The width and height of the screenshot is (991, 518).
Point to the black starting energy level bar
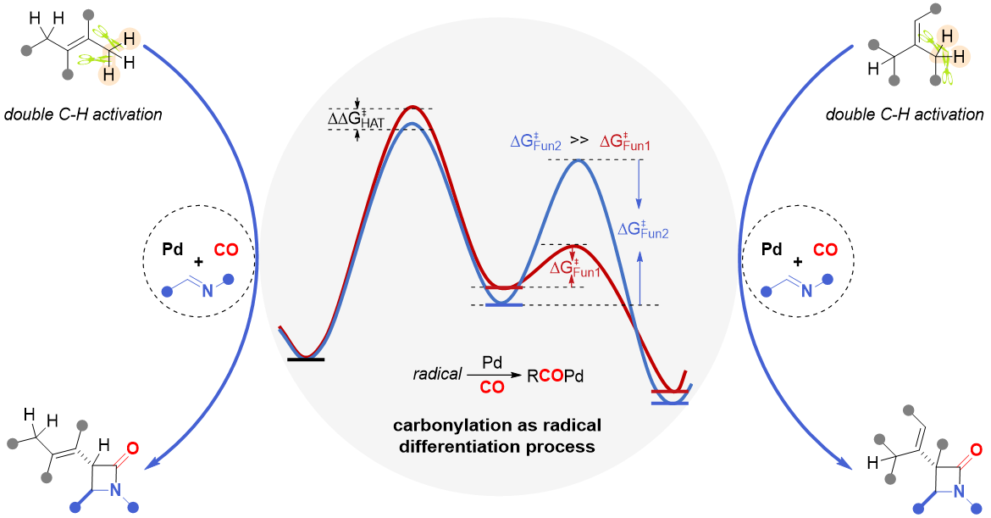tap(306, 359)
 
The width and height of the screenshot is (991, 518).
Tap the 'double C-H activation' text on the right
tap(904, 114)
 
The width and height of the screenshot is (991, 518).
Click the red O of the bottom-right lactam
tap(976, 450)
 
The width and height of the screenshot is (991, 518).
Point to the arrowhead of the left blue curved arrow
tap(152, 464)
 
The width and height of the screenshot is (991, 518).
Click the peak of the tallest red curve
tap(412, 107)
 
